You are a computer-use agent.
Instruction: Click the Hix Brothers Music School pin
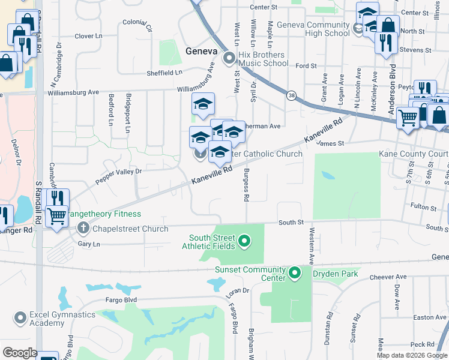point(229,59)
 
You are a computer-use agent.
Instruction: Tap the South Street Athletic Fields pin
point(244,242)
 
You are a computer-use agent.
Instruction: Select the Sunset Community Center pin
point(294,274)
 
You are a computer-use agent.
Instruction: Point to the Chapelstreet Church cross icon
point(83,228)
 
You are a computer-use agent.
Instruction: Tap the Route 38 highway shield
point(292,95)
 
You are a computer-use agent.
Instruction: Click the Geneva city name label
point(200,50)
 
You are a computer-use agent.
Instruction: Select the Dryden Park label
point(336,274)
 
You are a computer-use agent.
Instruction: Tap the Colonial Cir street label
point(137,25)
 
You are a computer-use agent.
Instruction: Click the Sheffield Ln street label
point(164,72)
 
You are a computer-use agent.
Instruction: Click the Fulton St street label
point(424,208)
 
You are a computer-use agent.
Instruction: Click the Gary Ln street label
point(88,244)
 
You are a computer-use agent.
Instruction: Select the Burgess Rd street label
point(246,184)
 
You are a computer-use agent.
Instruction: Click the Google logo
point(19,353)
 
